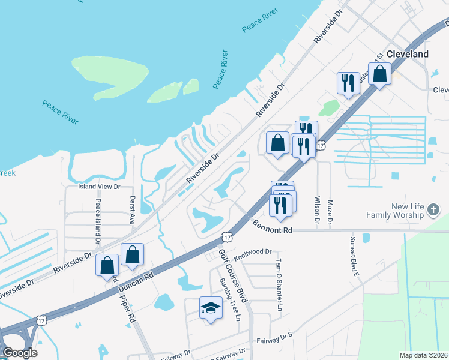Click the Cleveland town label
coord(408,54)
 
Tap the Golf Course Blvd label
coord(233,276)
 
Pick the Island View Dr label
coord(100,187)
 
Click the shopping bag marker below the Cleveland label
coord(380,75)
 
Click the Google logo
coord(20,353)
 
